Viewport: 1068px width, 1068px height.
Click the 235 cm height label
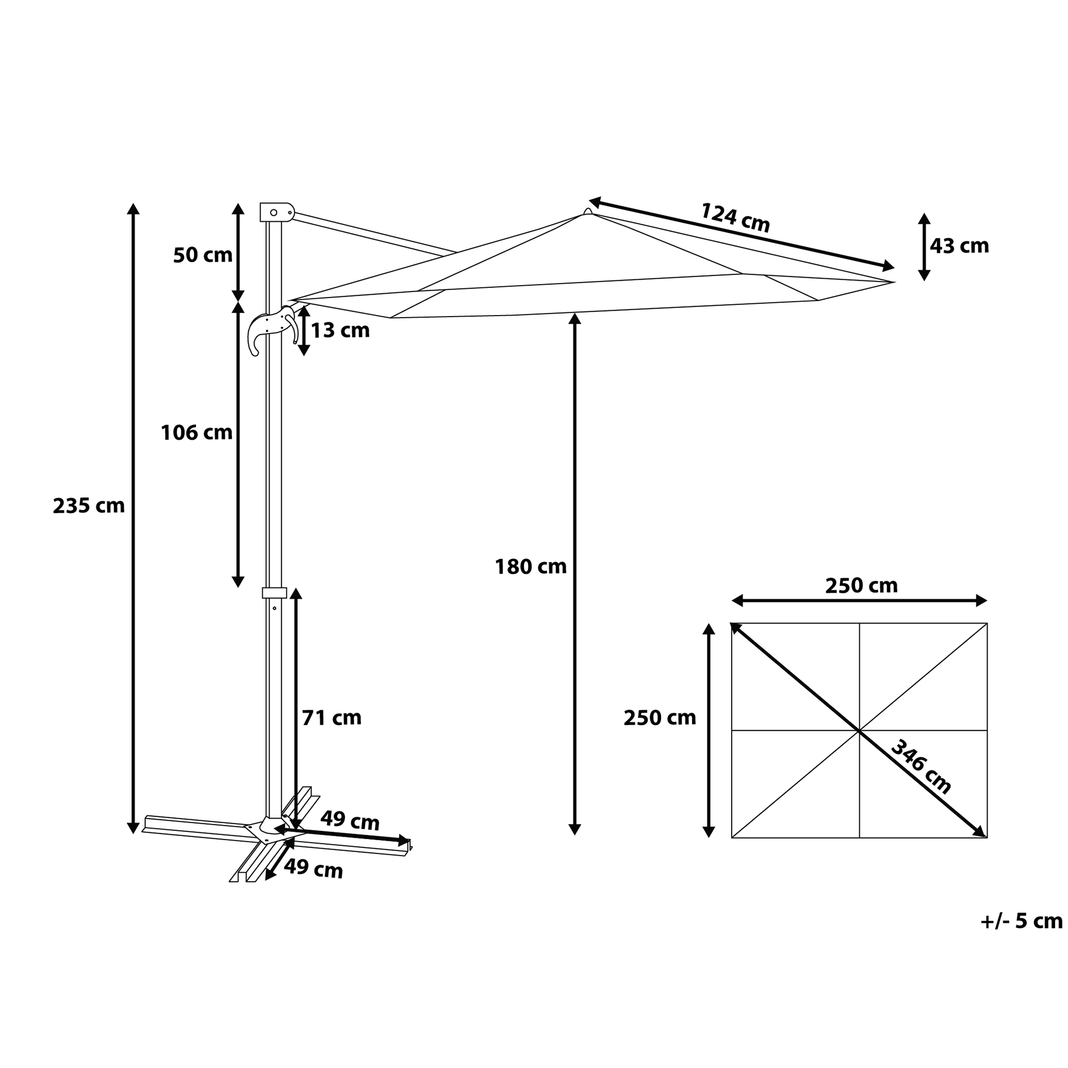(89, 506)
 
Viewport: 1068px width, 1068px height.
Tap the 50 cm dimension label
(203, 255)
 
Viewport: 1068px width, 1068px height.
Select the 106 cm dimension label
(197, 433)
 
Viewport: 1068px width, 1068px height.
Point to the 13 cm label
(340, 330)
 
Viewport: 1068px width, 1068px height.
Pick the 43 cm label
(959, 246)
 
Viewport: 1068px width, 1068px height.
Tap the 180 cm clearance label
(531, 567)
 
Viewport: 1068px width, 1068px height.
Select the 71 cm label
(332, 718)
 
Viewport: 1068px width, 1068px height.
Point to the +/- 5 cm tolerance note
(1022, 921)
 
